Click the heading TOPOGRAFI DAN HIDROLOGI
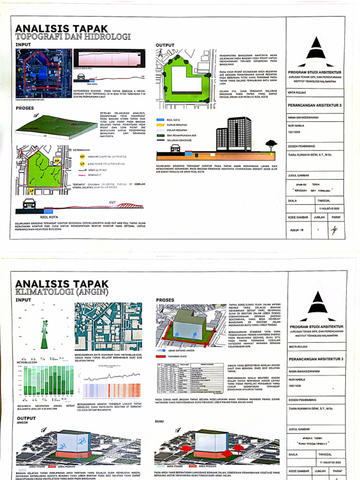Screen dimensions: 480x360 [x=73, y=37]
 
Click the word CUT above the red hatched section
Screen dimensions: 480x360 [x=112, y=202]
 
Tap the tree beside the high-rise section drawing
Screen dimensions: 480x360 [x=271, y=144]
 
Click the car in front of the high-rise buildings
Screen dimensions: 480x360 [x=175, y=148]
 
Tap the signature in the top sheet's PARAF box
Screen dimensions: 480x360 [x=334, y=230]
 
